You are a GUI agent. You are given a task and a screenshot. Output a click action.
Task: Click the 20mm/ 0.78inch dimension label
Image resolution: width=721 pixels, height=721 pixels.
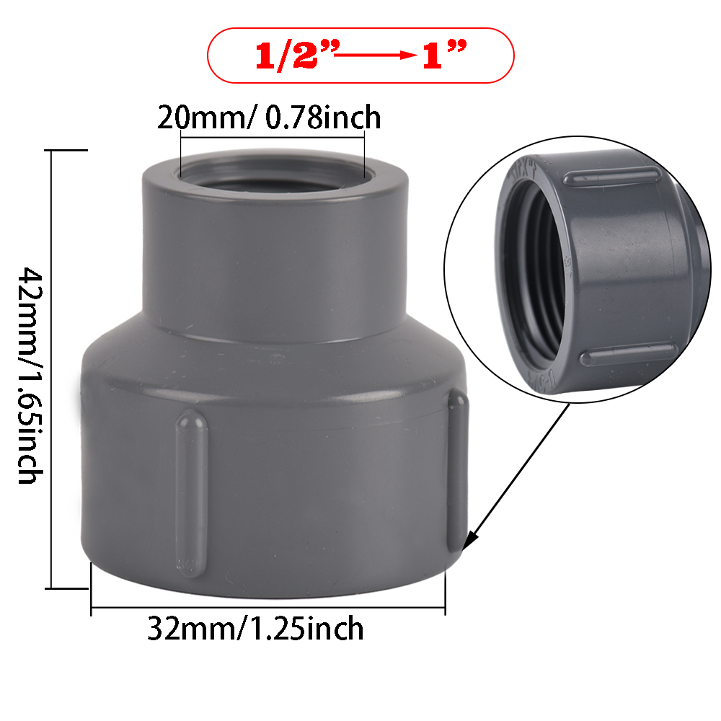click(x=269, y=117)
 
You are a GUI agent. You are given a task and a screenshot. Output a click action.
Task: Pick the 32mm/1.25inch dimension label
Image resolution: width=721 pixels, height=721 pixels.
click(x=255, y=629)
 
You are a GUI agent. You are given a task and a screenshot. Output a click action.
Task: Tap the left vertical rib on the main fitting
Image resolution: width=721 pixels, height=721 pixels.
click(x=192, y=494)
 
